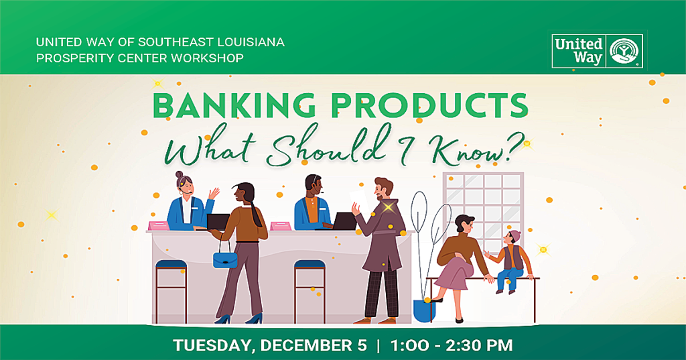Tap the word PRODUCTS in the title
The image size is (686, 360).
(x=429, y=105)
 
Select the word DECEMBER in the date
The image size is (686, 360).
(x=314, y=345)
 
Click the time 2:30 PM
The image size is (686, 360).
(x=479, y=345)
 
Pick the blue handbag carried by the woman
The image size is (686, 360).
(x=225, y=257)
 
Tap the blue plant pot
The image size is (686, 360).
(x=424, y=310)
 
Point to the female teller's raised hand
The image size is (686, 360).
(x=214, y=193)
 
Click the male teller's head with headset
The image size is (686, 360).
(x=314, y=186)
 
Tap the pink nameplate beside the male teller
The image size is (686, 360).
(x=281, y=226)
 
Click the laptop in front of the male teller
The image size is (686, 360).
(x=344, y=222)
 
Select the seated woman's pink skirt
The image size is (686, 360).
(x=454, y=274)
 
